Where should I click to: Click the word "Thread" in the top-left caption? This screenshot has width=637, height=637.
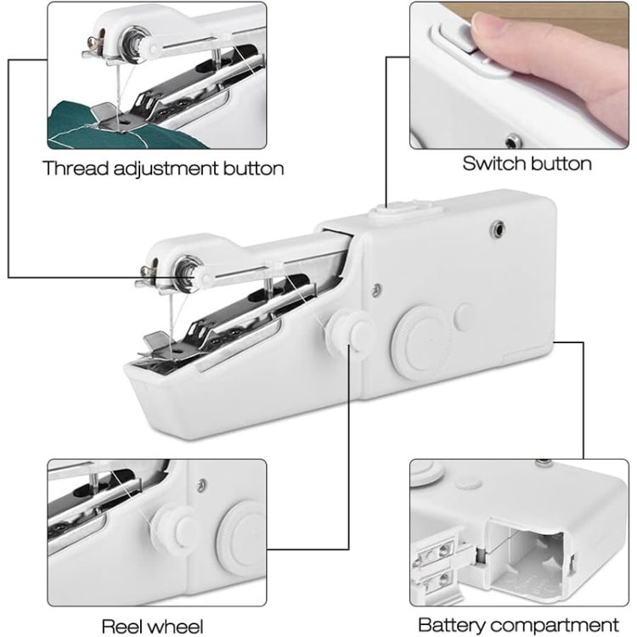[76, 168]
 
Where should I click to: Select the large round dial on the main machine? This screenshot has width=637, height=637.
[421, 341]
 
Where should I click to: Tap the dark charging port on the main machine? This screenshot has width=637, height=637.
[498, 228]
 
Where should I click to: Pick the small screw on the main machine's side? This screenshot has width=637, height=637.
[376, 289]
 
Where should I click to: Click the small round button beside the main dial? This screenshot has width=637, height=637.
[463, 314]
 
